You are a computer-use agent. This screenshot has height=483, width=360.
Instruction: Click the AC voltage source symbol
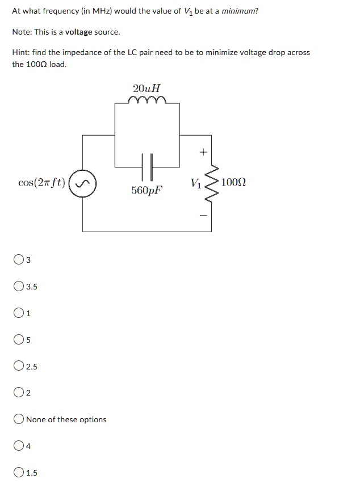82,183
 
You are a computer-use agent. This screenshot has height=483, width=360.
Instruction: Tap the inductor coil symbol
147,100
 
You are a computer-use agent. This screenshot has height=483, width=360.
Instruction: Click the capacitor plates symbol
147,167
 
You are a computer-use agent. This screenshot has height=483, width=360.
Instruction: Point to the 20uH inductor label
146,89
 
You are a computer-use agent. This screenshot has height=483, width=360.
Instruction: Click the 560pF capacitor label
146,190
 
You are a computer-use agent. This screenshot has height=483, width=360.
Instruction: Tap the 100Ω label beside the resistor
233,182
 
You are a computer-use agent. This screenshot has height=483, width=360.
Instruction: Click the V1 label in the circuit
196,183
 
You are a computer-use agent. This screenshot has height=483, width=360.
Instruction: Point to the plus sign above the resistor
203,152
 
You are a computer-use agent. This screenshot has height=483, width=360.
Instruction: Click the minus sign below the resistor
203,215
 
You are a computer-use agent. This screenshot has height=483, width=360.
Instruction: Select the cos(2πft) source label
41,183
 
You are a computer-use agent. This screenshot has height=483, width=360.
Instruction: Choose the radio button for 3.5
19,287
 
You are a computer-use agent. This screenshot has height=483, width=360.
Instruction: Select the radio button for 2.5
19,366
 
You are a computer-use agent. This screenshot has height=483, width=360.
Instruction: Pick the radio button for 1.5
19,473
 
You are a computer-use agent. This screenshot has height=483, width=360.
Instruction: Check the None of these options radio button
19,419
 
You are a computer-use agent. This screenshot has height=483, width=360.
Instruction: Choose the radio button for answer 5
19,340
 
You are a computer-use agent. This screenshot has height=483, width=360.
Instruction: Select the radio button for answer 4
19,446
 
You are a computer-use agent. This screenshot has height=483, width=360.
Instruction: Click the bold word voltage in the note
78,32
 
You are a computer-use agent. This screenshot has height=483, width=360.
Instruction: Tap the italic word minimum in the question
238,11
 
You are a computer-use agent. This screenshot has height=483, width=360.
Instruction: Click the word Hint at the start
21,52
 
